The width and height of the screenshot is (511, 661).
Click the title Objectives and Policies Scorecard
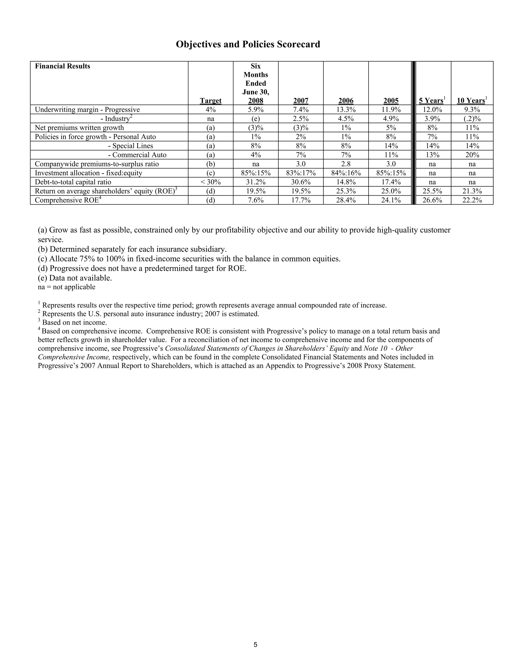pyautogui.click(x=248, y=44)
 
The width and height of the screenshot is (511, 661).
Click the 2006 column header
pyautogui.click(x=346, y=101)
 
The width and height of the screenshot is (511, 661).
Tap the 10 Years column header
pyautogui.click(x=471, y=101)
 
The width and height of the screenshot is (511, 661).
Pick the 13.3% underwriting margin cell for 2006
pyautogui.click(x=346, y=110)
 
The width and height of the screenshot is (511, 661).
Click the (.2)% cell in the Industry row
pyautogui.click(x=472, y=119)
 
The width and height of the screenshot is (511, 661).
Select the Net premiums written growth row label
pyautogui.click(x=79, y=128)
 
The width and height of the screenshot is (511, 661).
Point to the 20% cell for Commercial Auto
pyautogui.click(x=472, y=155)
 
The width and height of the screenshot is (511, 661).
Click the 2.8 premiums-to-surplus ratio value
pyautogui.click(x=346, y=164)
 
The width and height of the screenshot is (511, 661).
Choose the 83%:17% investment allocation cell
pyautogui.click(x=301, y=173)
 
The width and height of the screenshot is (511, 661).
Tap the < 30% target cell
pyautogui.click(x=210, y=182)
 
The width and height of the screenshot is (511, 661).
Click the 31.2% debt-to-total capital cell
pyautogui.click(x=255, y=182)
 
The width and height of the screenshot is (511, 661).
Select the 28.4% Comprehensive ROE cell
pyautogui.click(x=346, y=200)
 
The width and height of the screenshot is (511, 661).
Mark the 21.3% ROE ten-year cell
pyautogui.click(x=472, y=191)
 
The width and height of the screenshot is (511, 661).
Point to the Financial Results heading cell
pyautogui.click(x=63, y=66)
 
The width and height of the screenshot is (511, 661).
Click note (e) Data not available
pyautogui.click(x=75, y=278)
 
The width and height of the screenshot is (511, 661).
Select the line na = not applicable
pyautogui.click(x=67, y=287)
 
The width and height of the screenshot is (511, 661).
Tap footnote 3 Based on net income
pyautogui.click(x=72, y=323)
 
